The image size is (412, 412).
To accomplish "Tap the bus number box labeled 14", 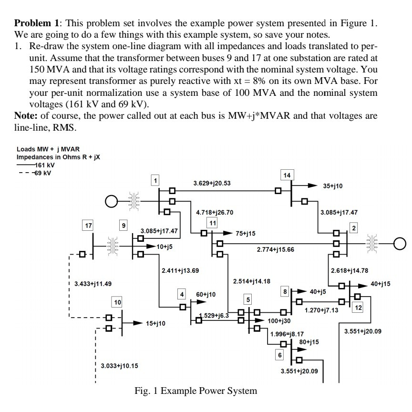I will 287,175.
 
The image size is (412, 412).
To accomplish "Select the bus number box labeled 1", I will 155,180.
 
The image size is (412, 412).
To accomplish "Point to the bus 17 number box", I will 87,225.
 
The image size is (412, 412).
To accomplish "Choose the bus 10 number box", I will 117,302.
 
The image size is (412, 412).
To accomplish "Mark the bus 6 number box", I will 280,355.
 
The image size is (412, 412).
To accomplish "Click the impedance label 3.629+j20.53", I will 212,183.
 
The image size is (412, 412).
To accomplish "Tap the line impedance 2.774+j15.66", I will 275,249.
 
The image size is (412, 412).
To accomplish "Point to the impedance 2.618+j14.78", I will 350,270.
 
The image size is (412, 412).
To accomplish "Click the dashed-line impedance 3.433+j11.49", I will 93,284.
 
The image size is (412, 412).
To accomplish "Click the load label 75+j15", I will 246,233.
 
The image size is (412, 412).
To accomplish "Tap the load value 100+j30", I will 279,321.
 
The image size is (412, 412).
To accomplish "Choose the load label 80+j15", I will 309,341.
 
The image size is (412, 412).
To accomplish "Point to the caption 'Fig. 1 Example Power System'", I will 196,391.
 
